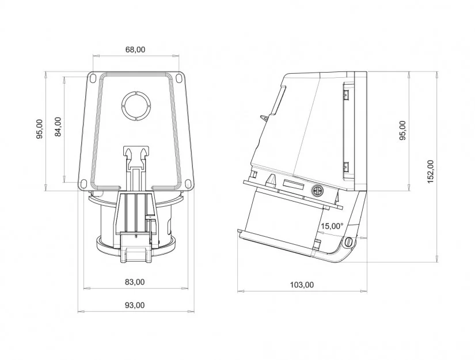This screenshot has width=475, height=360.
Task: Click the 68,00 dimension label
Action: [x=135, y=50]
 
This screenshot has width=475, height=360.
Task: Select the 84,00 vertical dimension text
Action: [x=58, y=127]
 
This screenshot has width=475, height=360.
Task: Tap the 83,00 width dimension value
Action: [x=135, y=282]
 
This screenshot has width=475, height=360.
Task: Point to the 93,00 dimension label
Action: [x=135, y=305]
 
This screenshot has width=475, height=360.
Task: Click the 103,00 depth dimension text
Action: [x=302, y=285]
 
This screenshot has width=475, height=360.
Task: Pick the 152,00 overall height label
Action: [x=431, y=171]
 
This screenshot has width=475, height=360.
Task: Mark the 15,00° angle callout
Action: [x=332, y=226]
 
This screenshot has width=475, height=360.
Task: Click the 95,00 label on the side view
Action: [x=402, y=130]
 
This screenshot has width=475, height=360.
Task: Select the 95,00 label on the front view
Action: [x=39, y=129]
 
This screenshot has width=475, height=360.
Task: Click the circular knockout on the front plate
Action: [x=136, y=105]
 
